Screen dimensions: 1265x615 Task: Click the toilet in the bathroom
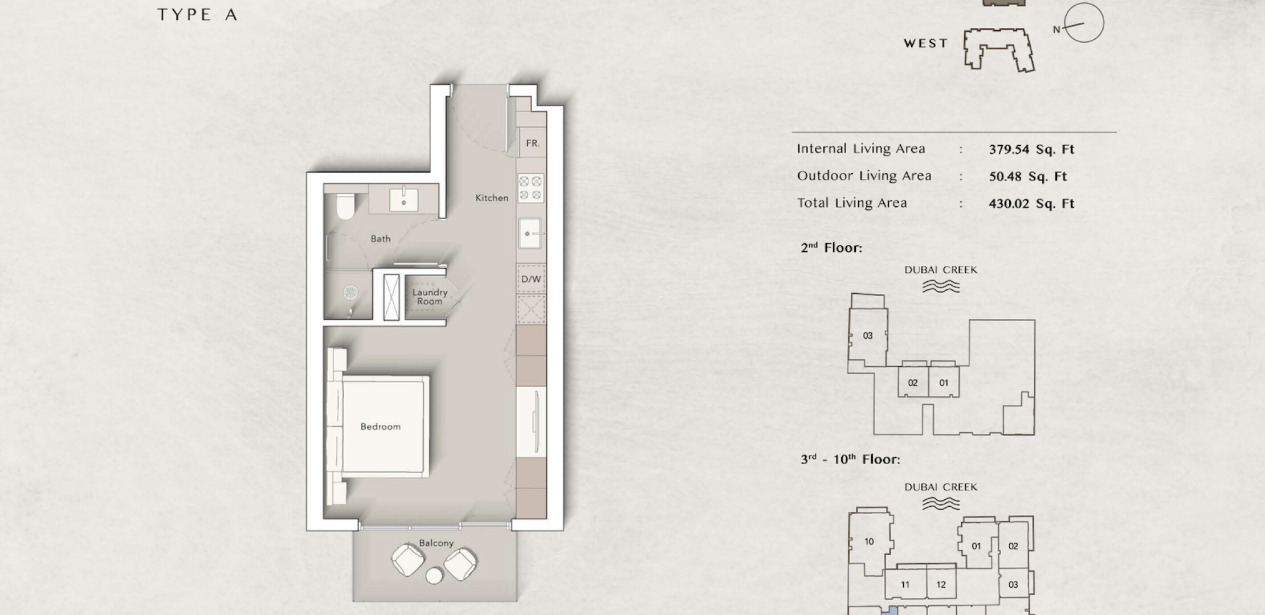click(x=344, y=206)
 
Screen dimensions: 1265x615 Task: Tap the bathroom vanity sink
click(x=403, y=200)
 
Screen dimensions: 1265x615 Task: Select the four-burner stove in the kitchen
click(x=531, y=188)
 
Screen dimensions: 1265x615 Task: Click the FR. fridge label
click(x=533, y=143)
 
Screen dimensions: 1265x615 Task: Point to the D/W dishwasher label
click(x=531, y=279)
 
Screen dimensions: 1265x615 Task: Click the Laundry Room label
click(x=430, y=297)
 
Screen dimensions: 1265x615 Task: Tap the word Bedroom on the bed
click(x=381, y=427)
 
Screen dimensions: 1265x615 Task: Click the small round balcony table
click(x=434, y=576)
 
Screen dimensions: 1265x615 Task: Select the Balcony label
click(x=436, y=543)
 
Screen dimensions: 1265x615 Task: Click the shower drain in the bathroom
click(x=350, y=293)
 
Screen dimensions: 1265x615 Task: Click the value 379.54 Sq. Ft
click(x=1031, y=150)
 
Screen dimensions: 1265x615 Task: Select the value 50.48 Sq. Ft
click(x=1028, y=177)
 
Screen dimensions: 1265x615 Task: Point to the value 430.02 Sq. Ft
click(x=1031, y=203)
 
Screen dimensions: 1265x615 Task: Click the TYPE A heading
click(x=197, y=15)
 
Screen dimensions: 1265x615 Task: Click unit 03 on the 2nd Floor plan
click(x=868, y=336)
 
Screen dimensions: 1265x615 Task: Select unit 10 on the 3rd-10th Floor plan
click(x=869, y=542)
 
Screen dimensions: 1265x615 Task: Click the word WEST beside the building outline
click(x=926, y=43)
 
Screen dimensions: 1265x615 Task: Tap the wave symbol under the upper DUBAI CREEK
click(x=941, y=286)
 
